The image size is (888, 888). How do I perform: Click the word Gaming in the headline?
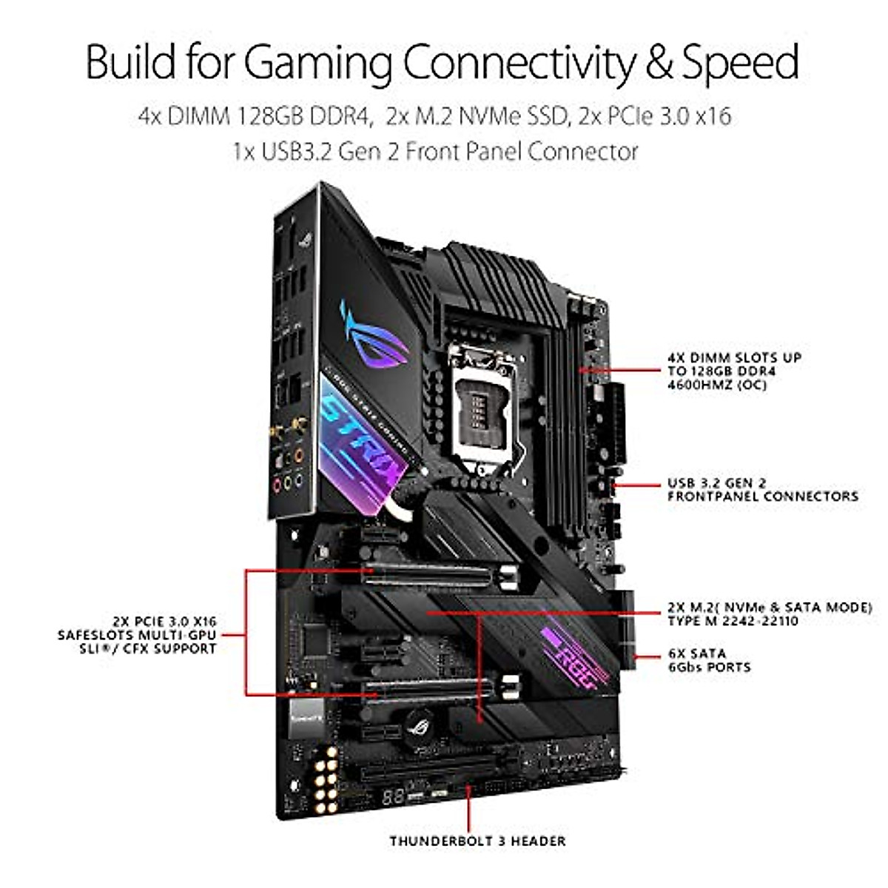pos(319,62)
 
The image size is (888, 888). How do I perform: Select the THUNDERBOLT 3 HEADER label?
pos(477,841)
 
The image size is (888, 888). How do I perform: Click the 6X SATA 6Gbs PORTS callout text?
pos(709,660)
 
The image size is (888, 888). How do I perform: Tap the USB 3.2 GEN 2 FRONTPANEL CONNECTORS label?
pos(762,490)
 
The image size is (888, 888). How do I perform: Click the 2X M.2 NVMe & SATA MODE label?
pos(770,613)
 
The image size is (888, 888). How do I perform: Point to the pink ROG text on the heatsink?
pos(570,655)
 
